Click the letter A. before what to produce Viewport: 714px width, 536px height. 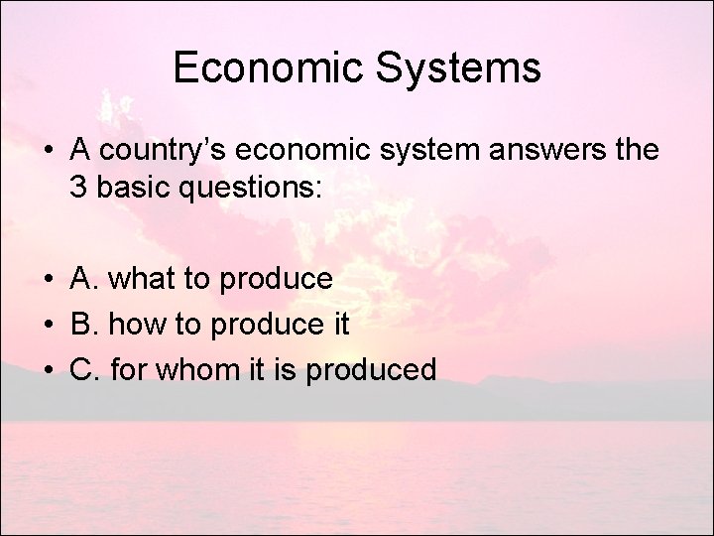(84, 279)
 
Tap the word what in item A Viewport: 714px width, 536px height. (138, 279)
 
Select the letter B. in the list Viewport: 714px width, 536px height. (84, 325)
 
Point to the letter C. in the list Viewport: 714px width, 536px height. (85, 370)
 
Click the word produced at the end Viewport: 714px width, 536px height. (372, 370)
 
